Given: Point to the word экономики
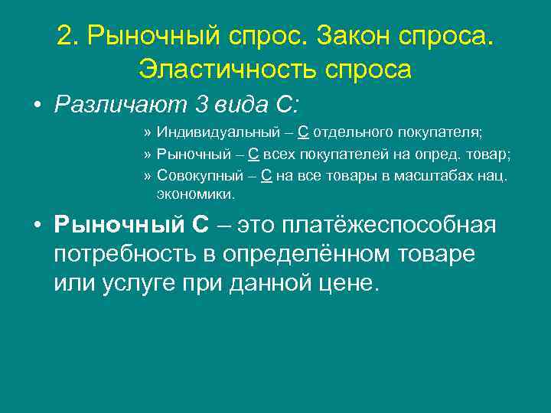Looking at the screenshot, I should tap(196, 194).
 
